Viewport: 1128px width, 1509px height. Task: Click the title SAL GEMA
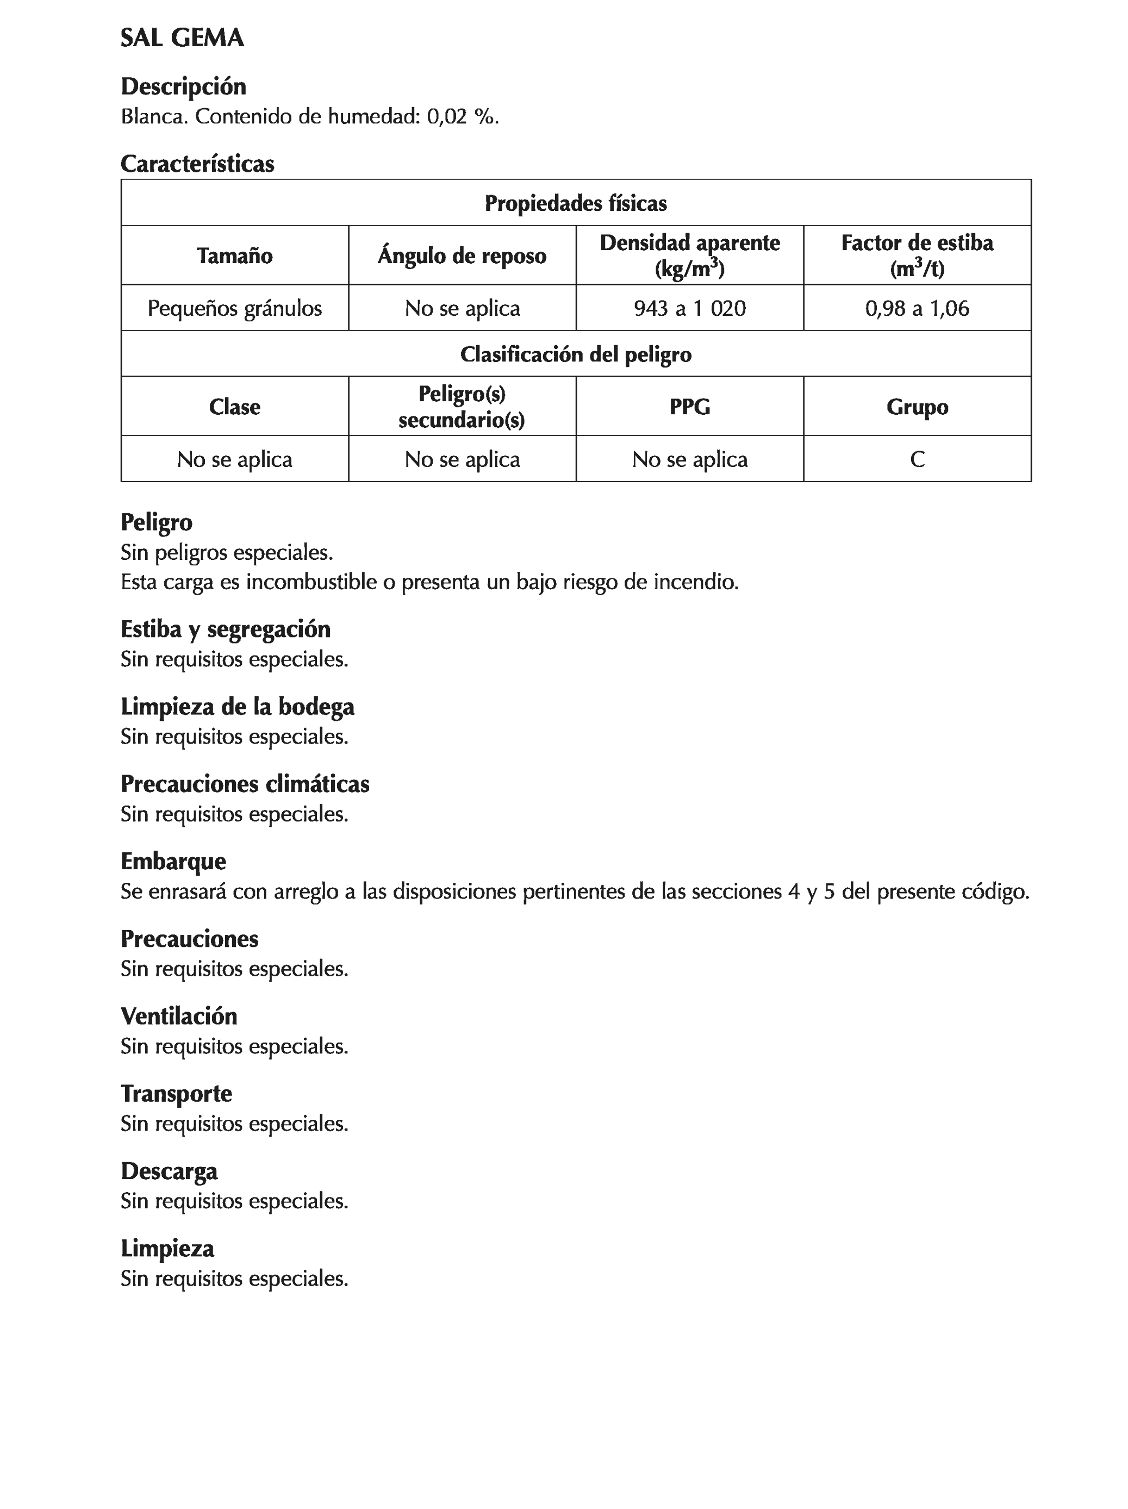182,38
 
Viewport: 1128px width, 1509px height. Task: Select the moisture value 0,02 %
462,117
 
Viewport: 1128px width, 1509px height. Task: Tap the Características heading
197,164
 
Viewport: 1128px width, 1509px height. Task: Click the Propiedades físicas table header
575,203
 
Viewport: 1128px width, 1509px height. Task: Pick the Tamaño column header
235,256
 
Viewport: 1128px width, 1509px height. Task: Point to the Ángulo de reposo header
462,256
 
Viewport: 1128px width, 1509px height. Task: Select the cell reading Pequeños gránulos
235,308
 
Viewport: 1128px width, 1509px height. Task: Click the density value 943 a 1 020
689,308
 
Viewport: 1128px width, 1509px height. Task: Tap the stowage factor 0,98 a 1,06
917,308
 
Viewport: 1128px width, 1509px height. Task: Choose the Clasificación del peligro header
575,354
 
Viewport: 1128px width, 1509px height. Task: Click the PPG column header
689,407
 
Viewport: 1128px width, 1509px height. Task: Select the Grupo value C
917,459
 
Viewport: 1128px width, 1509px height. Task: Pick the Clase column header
235,407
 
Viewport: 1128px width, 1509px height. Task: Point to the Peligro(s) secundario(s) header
462,407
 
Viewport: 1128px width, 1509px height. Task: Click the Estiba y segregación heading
225,629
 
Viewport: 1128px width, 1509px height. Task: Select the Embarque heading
173,861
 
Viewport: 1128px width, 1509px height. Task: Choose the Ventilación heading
179,1016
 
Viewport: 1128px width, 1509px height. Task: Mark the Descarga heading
169,1171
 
